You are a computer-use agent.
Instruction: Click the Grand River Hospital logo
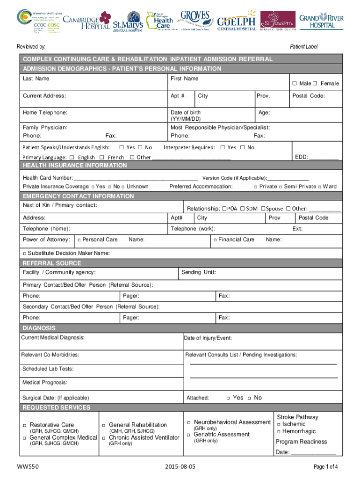tap(328, 21)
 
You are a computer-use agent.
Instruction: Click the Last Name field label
tap(36, 79)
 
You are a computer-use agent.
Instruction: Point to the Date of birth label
tap(186, 113)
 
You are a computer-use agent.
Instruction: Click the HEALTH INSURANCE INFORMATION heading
tap(75, 166)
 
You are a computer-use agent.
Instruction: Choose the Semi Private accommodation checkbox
tap(280, 187)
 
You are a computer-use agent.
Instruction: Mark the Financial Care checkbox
tap(216, 240)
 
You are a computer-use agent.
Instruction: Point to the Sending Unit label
tap(199, 272)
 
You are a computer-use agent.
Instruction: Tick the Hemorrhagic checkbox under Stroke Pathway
tap(279, 432)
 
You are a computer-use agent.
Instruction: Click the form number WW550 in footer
tap(26, 467)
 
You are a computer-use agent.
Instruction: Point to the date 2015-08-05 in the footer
tap(180, 467)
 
